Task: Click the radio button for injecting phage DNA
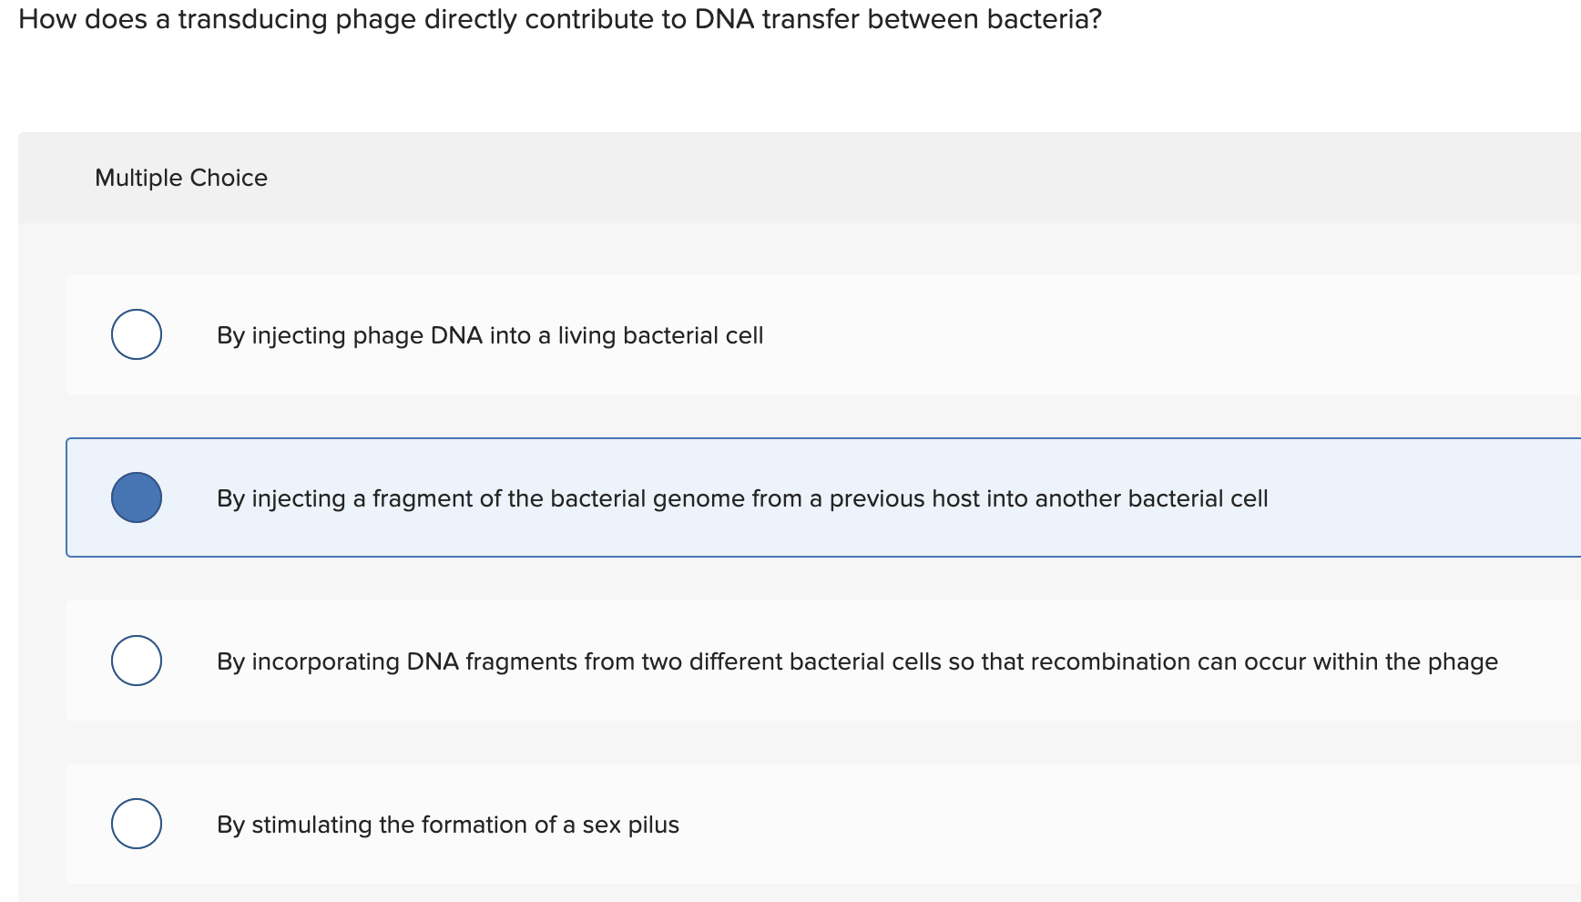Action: (x=137, y=334)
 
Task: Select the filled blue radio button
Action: (x=137, y=497)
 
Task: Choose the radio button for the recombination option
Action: (x=137, y=661)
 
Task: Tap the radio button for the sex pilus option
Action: (x=137, y=824)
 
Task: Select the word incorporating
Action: (x=325, y=662)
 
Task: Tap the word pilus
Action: (x=654, y=825)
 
